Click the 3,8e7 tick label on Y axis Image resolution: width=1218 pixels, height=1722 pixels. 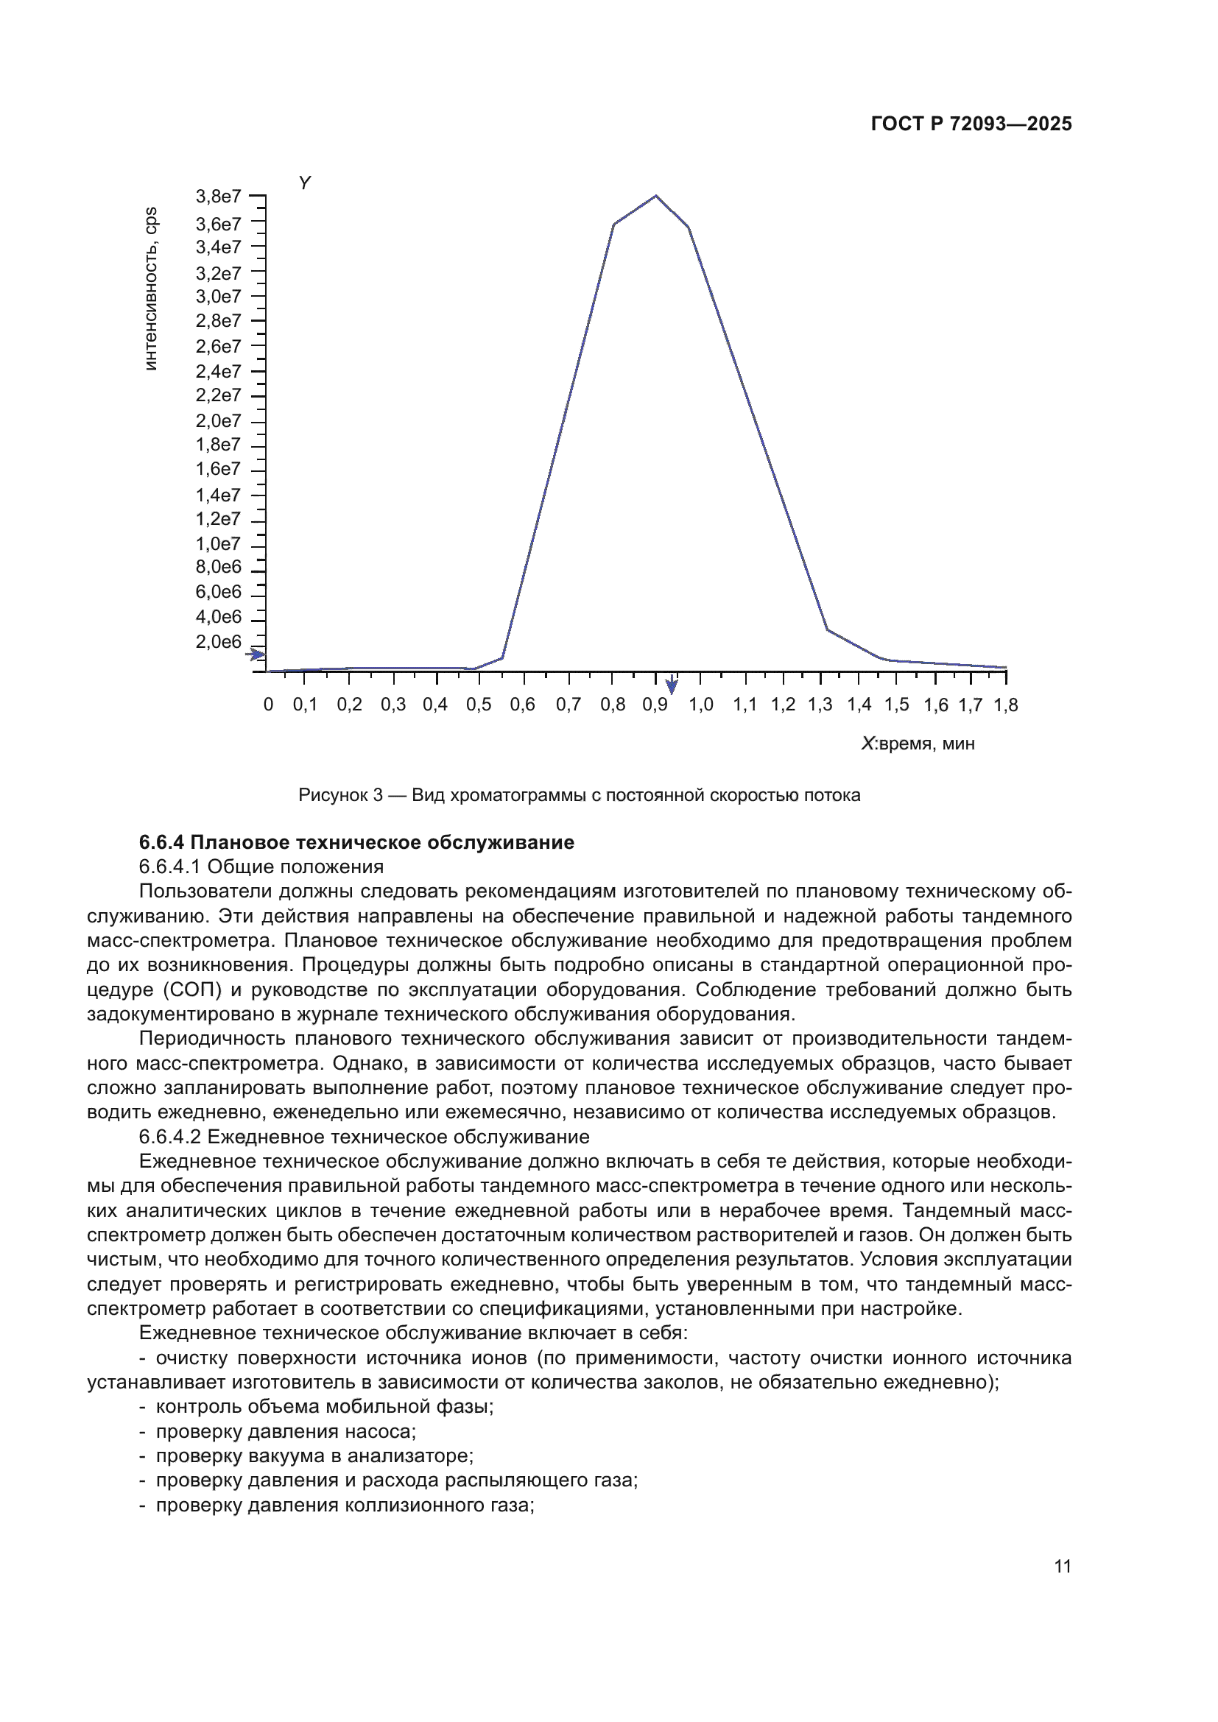[218, 197]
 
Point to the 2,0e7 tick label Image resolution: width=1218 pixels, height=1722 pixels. [218, 421]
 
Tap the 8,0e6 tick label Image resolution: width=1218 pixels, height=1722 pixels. [218, 566]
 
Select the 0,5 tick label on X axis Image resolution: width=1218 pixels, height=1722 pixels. [479, 705]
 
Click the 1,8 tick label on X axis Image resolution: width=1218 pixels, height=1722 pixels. [1006, 705]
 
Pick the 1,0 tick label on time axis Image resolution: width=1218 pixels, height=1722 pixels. [700, 705]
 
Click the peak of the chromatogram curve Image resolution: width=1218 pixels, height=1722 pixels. [655, 196]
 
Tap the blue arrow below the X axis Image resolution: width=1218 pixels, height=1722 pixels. [672, 685]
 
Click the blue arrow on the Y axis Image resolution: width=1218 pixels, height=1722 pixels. [256, 654]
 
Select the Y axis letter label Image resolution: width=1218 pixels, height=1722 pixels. [305, 183]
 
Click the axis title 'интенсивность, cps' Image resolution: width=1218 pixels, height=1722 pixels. [151, 289]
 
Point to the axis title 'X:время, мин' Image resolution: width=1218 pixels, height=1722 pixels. [918, 744]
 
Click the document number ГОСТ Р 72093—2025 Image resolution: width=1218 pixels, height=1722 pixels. [971, 124]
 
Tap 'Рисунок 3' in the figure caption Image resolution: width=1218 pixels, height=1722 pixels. [339, 795]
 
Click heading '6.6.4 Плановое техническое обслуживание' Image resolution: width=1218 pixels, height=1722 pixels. [356, 842]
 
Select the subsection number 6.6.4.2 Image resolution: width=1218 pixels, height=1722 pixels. [170, 1137]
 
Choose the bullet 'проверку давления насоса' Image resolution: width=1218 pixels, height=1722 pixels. [285, 1432]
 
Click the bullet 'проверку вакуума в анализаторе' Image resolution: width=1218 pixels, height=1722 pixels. [314, 1456]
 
